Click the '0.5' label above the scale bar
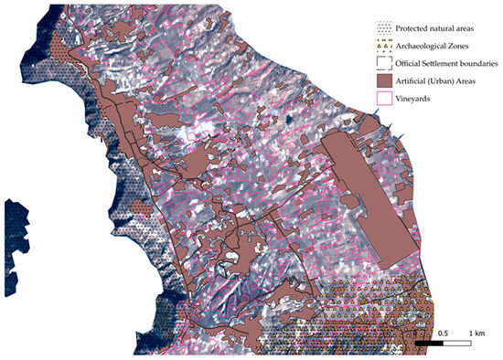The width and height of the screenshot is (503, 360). pos(443,333)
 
